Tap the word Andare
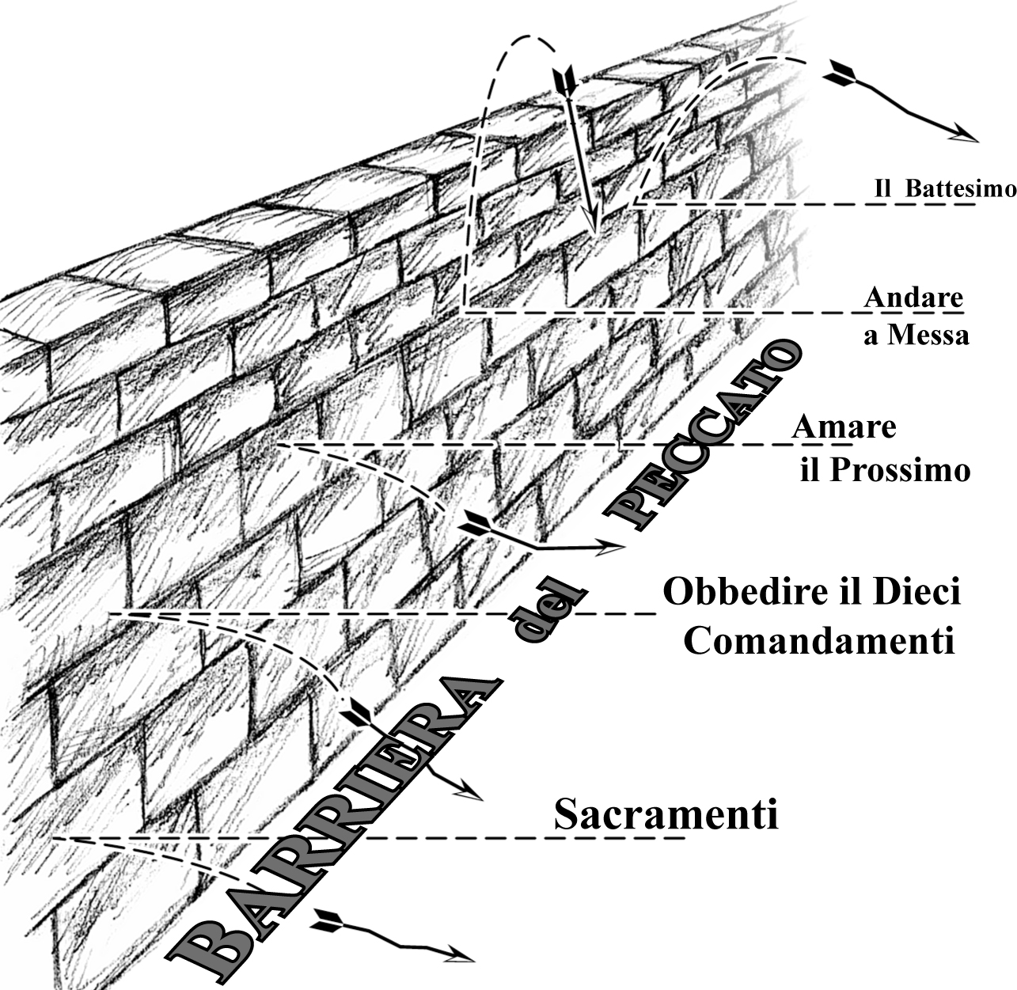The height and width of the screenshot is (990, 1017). coord(913,298)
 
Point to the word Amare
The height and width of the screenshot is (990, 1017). coord(843,427)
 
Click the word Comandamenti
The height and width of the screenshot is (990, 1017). coord(819,641)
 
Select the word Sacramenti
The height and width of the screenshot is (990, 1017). coord(666,814)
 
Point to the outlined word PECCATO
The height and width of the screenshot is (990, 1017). coord(708,435)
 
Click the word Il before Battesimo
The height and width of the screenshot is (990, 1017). coord(883,189)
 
